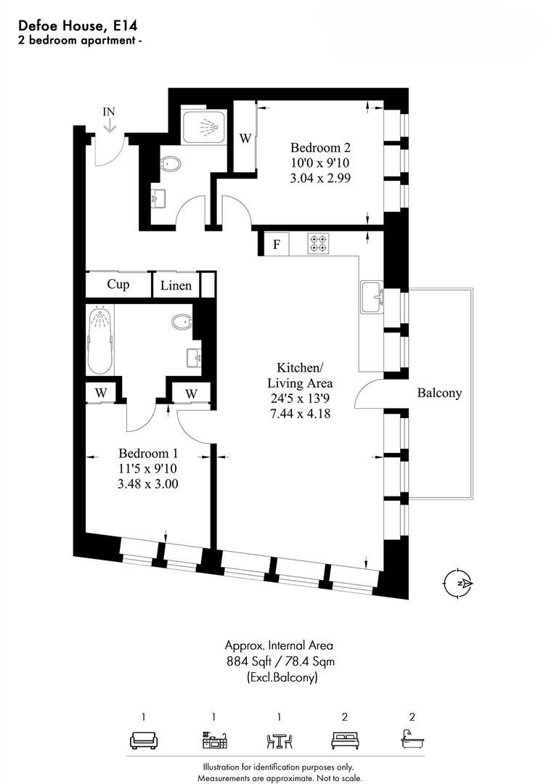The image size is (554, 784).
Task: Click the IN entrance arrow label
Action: [x=108, y=112]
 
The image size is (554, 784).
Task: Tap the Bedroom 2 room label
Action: [x=320, y=147]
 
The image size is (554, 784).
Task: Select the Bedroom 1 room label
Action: [x=148, y=454]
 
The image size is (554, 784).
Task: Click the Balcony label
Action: [x=439, y=393]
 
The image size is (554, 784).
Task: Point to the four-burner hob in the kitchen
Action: [x=319, y=243]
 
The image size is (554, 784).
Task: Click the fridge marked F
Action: [x=276, y=245]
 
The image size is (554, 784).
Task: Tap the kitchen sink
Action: [x=372, y=298]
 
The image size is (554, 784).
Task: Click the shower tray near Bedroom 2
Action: [x=203, y=126]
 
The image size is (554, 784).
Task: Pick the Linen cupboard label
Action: [x=176, y=285]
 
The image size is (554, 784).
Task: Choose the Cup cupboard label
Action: [x=118, y=285]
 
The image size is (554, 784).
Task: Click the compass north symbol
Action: [x=458, y=584]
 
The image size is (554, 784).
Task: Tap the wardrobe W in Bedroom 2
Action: [x=245, y=138]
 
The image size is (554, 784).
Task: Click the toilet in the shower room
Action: [x=171, y=163]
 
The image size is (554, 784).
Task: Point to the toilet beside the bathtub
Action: [x=182, y=322]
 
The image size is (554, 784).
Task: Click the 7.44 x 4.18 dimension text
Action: [x=299, y=414]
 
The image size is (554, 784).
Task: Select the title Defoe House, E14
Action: [x=78, y=25]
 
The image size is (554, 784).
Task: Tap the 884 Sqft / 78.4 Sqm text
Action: [x=280, y=661]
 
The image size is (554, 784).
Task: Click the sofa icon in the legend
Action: [x=144, y=740]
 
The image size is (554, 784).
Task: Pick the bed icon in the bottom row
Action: [x=345, y=740]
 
